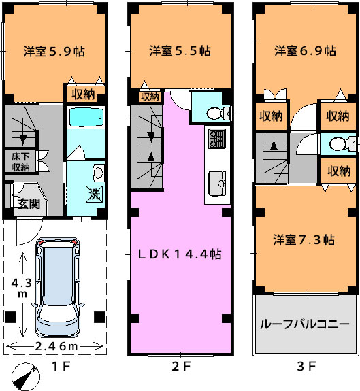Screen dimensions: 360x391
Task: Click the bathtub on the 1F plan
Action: click(86, 117)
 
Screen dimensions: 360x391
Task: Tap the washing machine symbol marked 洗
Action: click(95, 194)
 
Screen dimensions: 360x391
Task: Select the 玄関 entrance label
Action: click(29, 204)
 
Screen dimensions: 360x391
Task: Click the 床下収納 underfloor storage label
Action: click(20, 162)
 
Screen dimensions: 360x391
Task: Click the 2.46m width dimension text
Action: click(56, 346)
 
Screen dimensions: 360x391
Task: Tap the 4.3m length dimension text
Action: click(22, 288)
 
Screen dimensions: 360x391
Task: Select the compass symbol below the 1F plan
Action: click(26, 376)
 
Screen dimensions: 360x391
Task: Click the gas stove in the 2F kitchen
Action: click(217, 139)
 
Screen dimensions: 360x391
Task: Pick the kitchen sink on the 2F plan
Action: click(217, 184)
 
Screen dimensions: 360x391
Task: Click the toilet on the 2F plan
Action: click(218, 114)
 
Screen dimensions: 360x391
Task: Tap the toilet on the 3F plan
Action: click(342, 144)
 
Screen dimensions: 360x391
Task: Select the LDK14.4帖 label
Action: click(180, 254)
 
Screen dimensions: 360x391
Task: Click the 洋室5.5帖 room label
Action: click(180, 50)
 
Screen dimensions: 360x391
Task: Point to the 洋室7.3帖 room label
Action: click(304, 239)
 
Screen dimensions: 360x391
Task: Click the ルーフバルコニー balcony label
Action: click(305, 324)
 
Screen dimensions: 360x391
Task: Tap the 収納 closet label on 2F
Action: click(150, 97)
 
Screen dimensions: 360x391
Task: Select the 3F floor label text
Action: click(306, 367)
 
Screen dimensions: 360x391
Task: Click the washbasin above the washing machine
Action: click(98, 172)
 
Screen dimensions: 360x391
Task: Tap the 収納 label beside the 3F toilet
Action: click(338, 171)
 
